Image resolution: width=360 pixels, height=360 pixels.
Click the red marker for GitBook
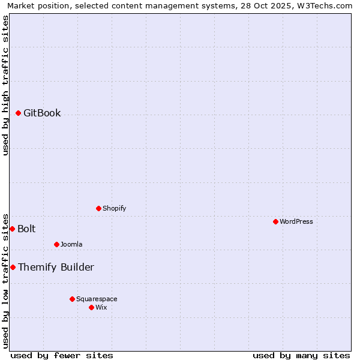click(x=18, y=113)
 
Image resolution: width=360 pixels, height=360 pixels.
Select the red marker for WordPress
click(x=275, y=221)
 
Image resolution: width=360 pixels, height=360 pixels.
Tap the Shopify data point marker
click(x=98, y=208)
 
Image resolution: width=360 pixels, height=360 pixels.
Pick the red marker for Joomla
click(x=56, y=244)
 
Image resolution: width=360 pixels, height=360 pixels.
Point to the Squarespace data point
click(x=72, y=299)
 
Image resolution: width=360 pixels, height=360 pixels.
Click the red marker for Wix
click(x=91, y=307)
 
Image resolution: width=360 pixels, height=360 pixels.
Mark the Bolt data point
click(x=12, y=229)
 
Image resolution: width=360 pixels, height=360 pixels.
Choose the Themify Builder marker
click(x=13, y=267)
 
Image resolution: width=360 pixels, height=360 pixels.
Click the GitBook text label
click(x=42, y=113)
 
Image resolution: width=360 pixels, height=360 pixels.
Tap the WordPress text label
click(x=296, y=221)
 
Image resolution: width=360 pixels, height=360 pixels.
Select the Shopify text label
click(x=114, y=208)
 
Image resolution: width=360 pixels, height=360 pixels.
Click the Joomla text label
click(x=71, y=244)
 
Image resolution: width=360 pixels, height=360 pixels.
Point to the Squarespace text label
click(x=97, y=299)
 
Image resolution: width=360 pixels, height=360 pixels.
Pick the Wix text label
click(x=101, y=307)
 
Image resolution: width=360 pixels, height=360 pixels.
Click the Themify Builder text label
click(x=56, y=267)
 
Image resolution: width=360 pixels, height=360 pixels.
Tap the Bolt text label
click(x=26, y=229)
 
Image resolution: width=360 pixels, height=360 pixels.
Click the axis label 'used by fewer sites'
click(x=62, y=355)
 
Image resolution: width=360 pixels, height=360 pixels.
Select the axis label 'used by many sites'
click(x=301, y=355)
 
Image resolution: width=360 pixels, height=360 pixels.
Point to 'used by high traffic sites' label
click(x=5, y=85)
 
